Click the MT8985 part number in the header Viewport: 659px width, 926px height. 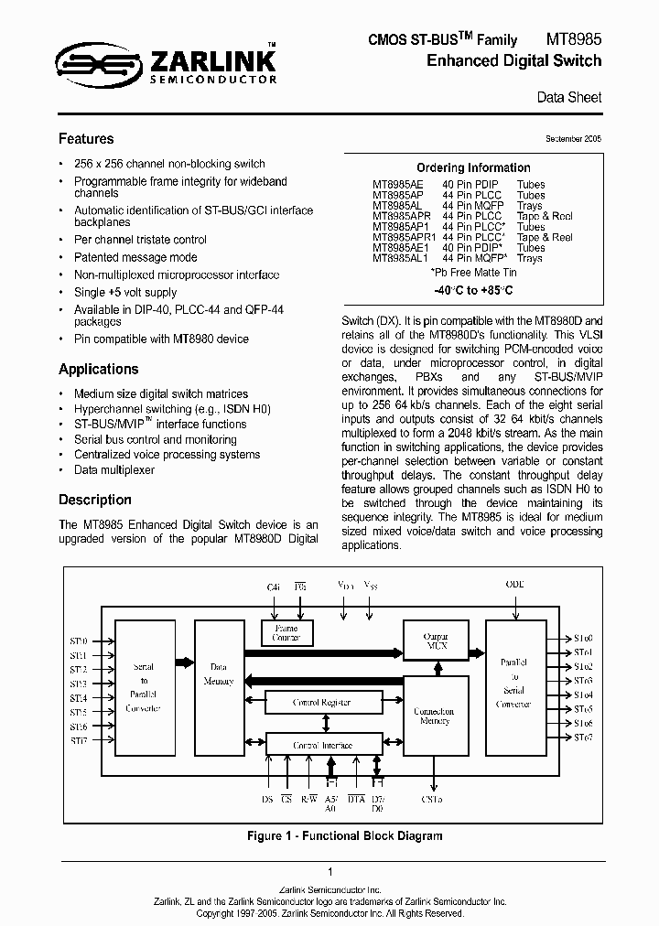574,39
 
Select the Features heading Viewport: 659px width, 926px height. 86,139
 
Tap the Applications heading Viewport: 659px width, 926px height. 99,370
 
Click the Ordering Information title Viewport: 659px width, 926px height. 473,167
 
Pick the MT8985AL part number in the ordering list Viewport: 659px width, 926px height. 398,206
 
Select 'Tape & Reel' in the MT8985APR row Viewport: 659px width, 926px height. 545,217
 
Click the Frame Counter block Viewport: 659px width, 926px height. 286,632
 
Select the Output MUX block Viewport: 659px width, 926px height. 435,640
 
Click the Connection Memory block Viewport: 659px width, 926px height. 434,716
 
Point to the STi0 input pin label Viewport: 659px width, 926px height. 78,641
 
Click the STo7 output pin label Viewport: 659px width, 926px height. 583,737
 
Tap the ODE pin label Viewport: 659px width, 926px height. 516,584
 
